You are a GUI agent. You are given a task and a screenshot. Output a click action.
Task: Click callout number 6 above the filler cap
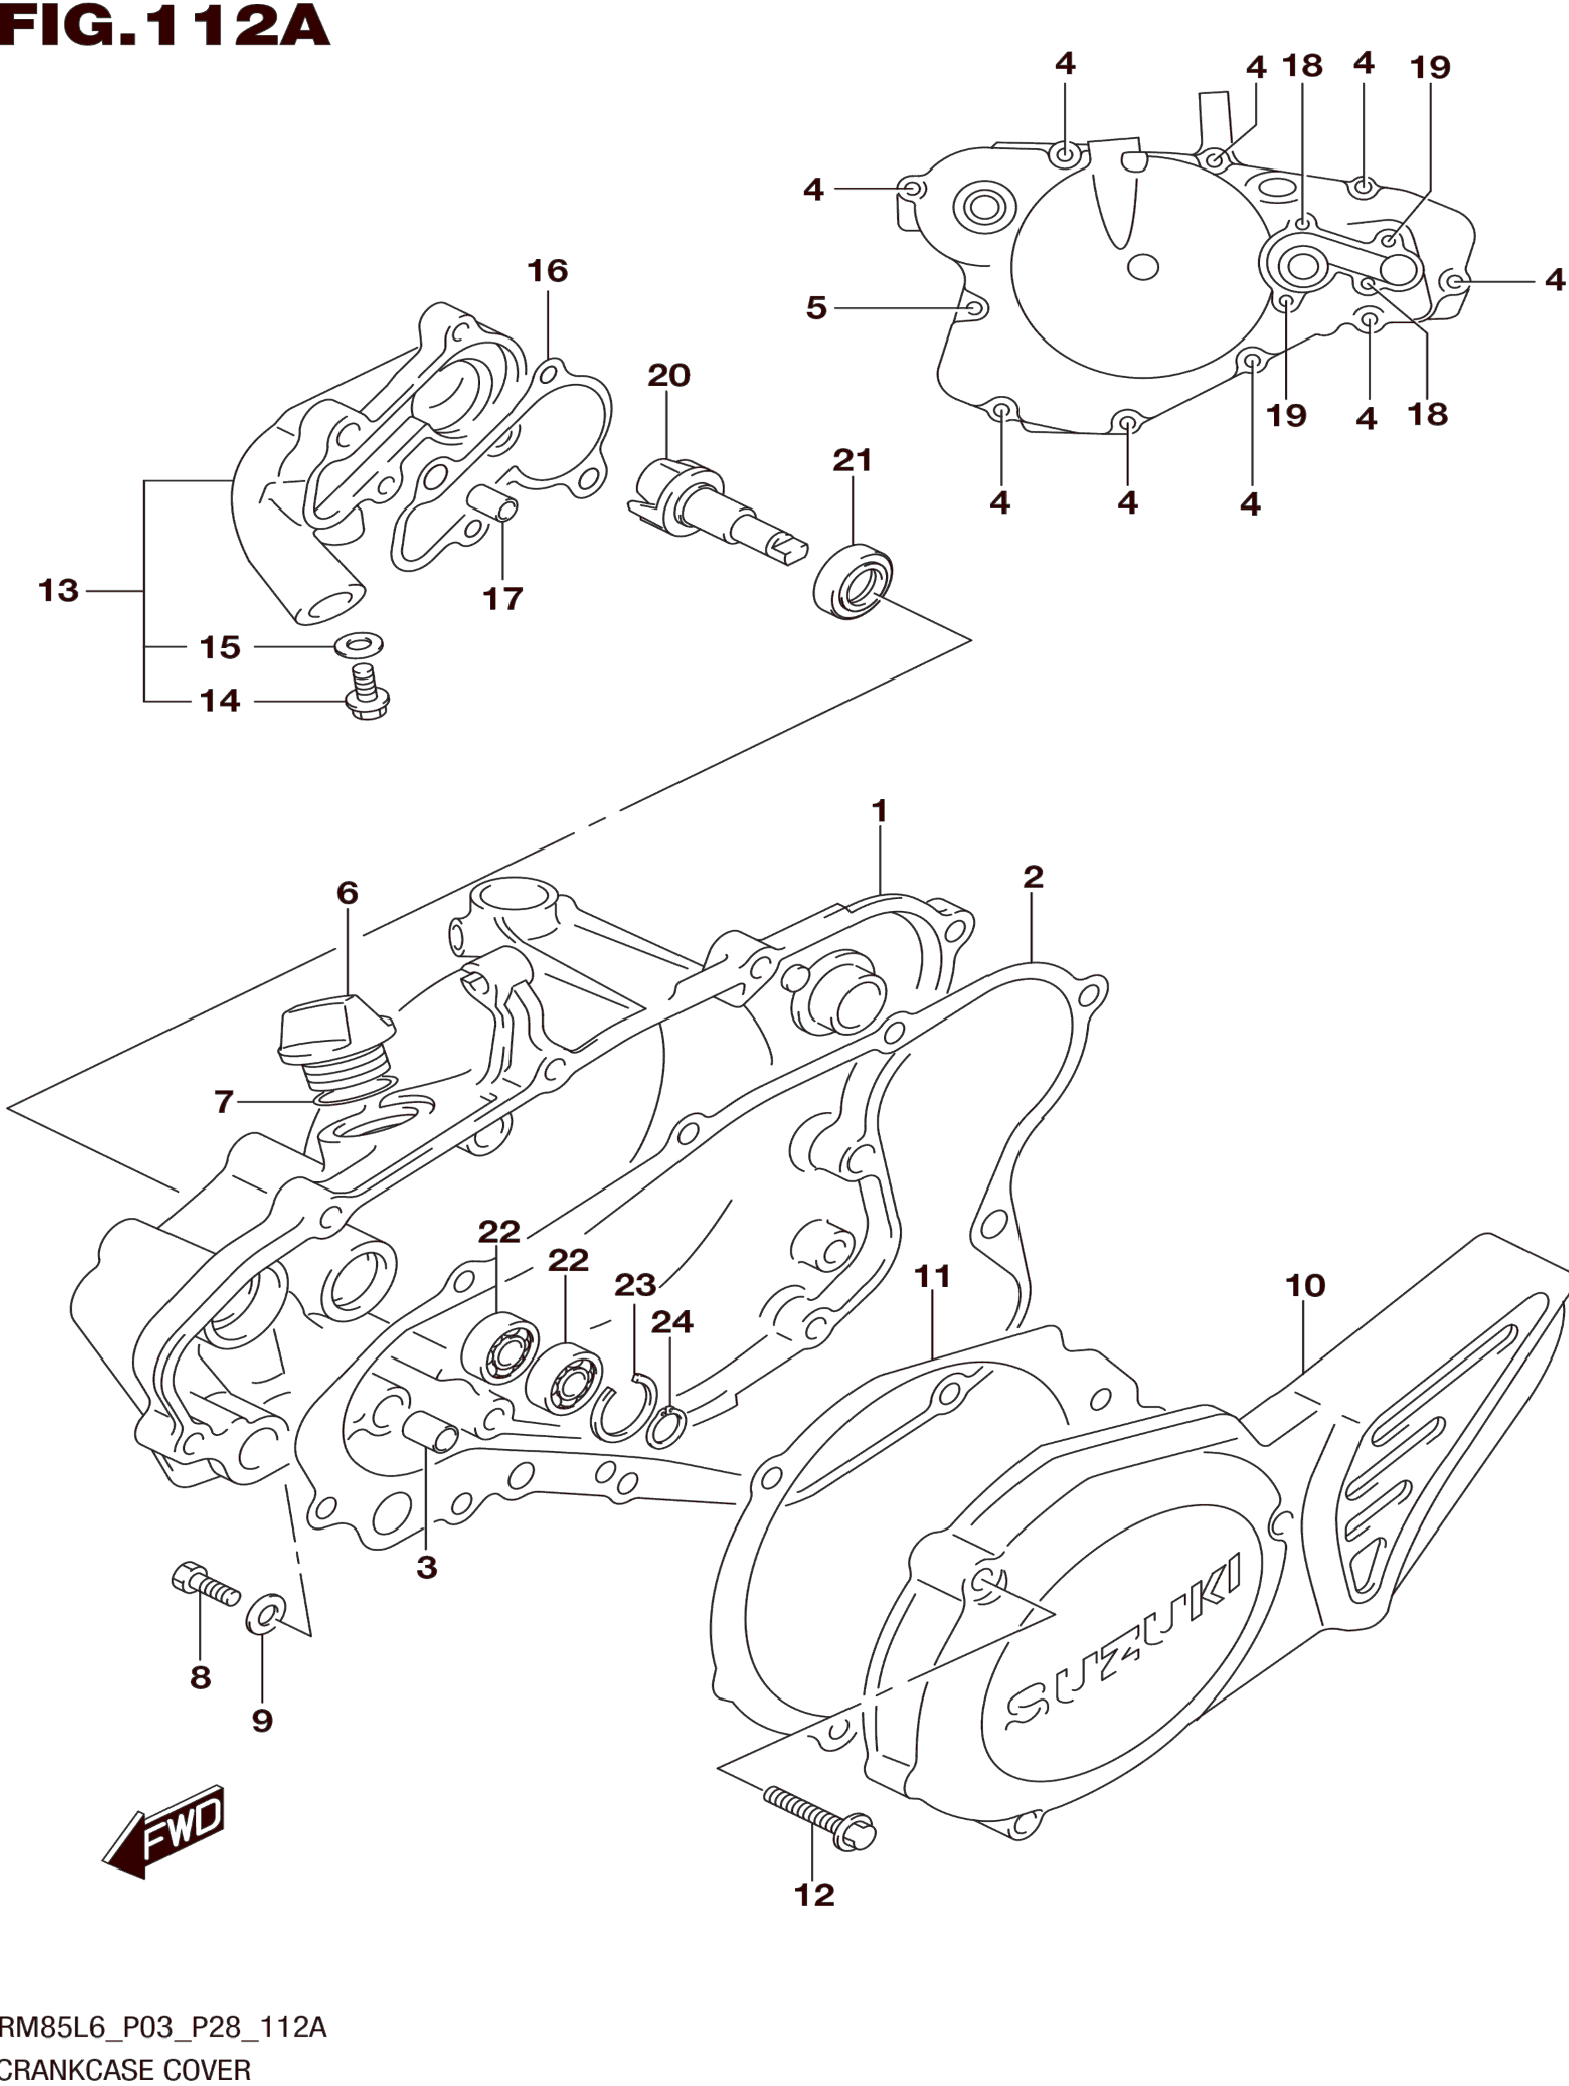(347, 892)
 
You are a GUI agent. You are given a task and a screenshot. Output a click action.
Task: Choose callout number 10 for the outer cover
(1305, 1284)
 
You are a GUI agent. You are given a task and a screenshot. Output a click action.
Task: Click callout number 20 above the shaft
(669, 375)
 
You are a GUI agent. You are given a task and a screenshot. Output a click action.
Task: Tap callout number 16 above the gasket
(547, 271)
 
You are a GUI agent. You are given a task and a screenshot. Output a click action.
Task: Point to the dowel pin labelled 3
(430, 1439)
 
